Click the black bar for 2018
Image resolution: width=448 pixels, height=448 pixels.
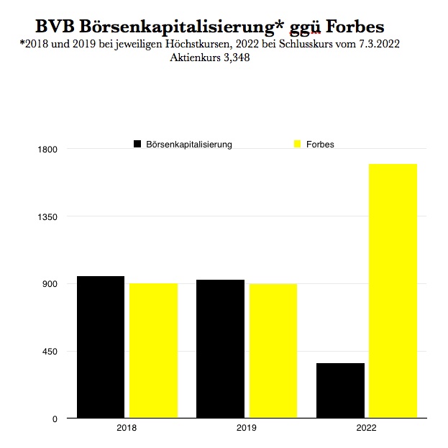click(101, 347)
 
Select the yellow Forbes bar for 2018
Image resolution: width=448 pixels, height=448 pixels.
click(153, 350)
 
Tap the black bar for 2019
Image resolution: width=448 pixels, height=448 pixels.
click(220, 348)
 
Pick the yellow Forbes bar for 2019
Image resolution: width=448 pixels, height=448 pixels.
click(273, 350)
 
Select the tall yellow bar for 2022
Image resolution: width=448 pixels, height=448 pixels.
click(393, 291)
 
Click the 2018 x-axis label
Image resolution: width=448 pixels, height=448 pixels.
click(127, 429)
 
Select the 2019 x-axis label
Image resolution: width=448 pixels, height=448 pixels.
click(247, 429)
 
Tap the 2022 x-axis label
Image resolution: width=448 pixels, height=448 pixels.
click(366, 429)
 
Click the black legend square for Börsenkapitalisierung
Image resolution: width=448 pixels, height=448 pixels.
click(137, 144)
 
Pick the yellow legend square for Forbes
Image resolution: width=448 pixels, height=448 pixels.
click(297, 144)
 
